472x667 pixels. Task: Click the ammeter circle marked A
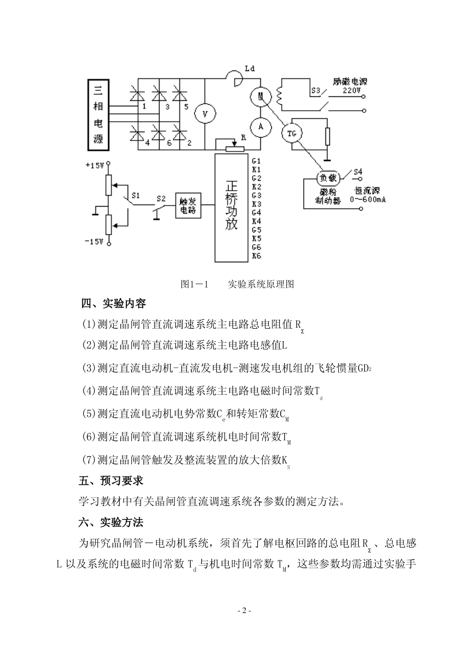[x=260, y=127]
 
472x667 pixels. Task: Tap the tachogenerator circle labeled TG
[x=292, y=133]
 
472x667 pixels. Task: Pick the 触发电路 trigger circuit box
[x=188, y=205]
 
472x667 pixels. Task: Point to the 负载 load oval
[x=328, y=178]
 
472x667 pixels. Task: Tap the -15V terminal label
[x=94, y=241]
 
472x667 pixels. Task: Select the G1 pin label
[x=256, y=161]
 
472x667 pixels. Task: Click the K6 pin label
[x=256, y=256]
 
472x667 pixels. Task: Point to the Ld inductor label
[x=249, y=69]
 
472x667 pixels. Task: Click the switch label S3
[x=315, y=91]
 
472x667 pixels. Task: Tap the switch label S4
[x=357, y=172]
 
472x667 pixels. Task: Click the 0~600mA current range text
[x=368, y=200]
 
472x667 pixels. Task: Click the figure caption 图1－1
[x=194, y=284]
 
